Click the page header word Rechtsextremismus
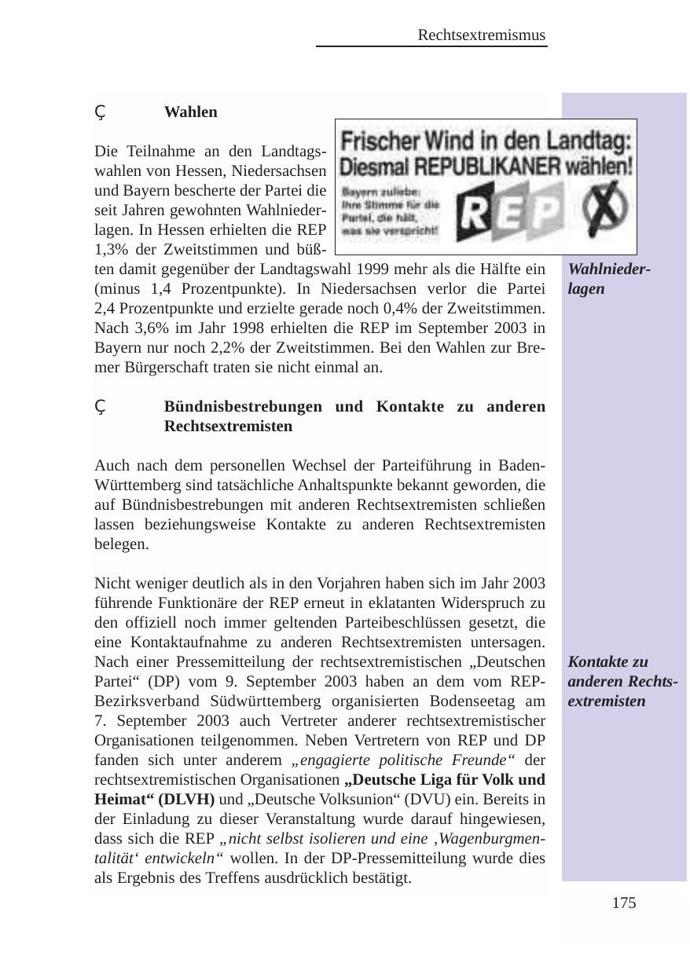482,35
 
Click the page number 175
624,903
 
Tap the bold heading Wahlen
191,112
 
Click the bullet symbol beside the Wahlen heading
100,113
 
